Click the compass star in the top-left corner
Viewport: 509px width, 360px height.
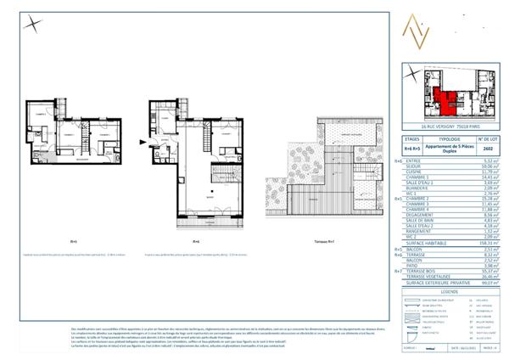point(31,23)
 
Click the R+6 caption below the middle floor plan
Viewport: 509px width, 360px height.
point(196,240)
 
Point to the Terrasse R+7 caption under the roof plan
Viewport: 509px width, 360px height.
point(322,240)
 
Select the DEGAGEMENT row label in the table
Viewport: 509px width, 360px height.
point(420,216)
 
